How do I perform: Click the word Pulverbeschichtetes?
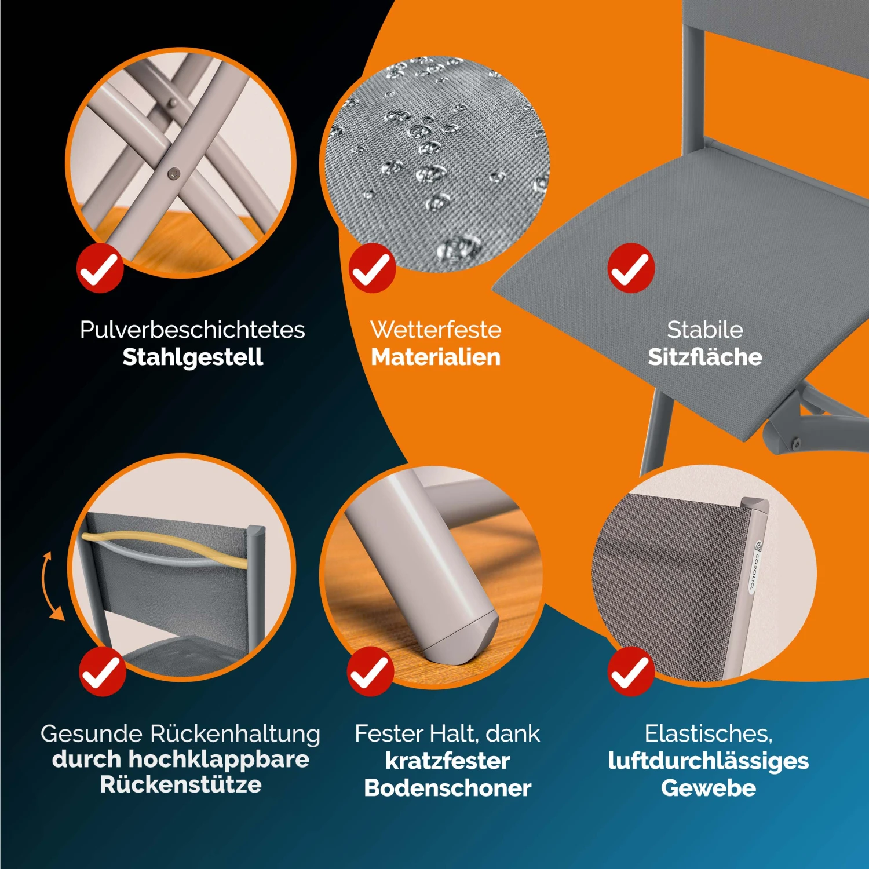(192, 330)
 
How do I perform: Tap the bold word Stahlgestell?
(192, 357)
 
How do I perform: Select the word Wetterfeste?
(436, 330)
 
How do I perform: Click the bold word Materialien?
(436, 357)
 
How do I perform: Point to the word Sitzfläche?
(704, 357)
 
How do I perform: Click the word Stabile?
(704, 330)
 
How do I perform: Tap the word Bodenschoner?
(447, 788)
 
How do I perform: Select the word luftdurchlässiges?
(708, 761)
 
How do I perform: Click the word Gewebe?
(708, 788)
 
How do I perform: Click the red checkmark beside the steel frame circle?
(100, 268)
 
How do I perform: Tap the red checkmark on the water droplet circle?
(372, 268)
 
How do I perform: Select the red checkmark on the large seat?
(631, 268)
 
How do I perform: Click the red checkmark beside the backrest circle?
(103, 671)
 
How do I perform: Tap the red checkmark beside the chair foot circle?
(371, 671)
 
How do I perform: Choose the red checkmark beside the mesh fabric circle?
(631, 671)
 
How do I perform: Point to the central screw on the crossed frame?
(173, 173)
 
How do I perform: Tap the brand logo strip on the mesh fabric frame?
(757, 567)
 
